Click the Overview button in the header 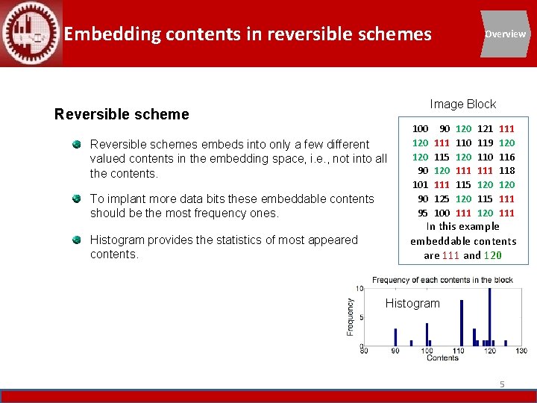point(505,34)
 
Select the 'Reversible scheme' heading point(122,114)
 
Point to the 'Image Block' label point(462,104)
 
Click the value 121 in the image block point(485,128)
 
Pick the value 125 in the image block point(442,199)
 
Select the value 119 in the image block point(485,143)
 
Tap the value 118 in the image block point(507,170)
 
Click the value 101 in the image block point(421,184)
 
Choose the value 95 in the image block point(423,213)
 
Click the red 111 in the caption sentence point(450,255)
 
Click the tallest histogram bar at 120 point(489,316)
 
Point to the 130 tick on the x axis point(521,351)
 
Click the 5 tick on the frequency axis point(360,317)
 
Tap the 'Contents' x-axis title point(442,358)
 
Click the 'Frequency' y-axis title point(351,316)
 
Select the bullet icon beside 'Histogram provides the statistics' point(77,240)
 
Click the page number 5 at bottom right point(502,384)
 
